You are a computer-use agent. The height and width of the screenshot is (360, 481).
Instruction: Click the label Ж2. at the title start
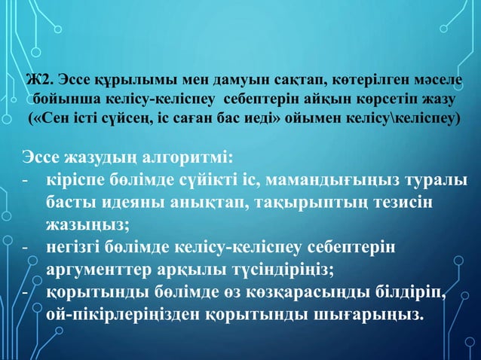pyautogui.click(x=38, y=81)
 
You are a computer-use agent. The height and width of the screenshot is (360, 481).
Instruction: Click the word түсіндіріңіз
pyautogui.click(x=282, y=269)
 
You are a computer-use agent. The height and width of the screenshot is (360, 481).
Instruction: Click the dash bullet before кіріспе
pyautogui.click(x=25, y=182)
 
